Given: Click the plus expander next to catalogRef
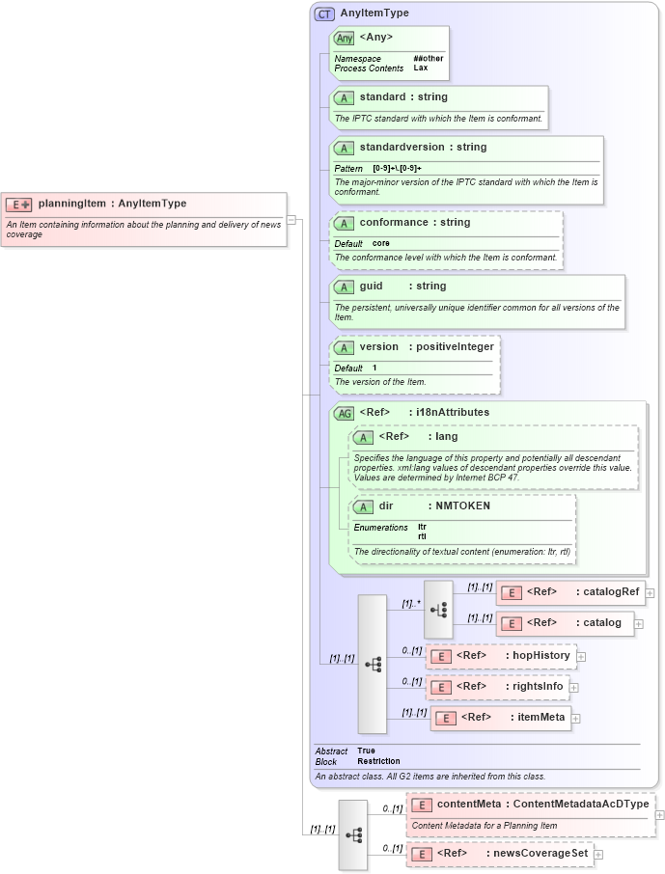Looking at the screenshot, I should (651, 593).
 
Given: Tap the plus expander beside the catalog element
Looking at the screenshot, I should (639, 624).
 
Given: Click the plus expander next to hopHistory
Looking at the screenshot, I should (581, 657).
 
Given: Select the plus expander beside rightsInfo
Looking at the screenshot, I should (573, 688).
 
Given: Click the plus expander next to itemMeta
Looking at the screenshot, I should (575, 718).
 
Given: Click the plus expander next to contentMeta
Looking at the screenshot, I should (659, 815).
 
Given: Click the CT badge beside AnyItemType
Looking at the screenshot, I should (324, 14).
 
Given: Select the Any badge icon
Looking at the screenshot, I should (344, 39).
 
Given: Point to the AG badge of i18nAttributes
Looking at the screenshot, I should (344, 413).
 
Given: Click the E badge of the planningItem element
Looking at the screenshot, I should (19, 205).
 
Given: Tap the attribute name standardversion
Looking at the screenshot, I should (402, 148).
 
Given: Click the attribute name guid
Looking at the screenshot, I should (372, 287).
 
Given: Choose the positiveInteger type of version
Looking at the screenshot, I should (455, 347).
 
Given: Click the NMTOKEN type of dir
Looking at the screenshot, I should (462, 506).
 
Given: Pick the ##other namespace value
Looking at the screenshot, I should (428, 59).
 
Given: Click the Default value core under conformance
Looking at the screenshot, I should (381, 243).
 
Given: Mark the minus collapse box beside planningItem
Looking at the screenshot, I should (291, 219).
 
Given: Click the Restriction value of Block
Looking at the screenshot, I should (378, 761).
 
